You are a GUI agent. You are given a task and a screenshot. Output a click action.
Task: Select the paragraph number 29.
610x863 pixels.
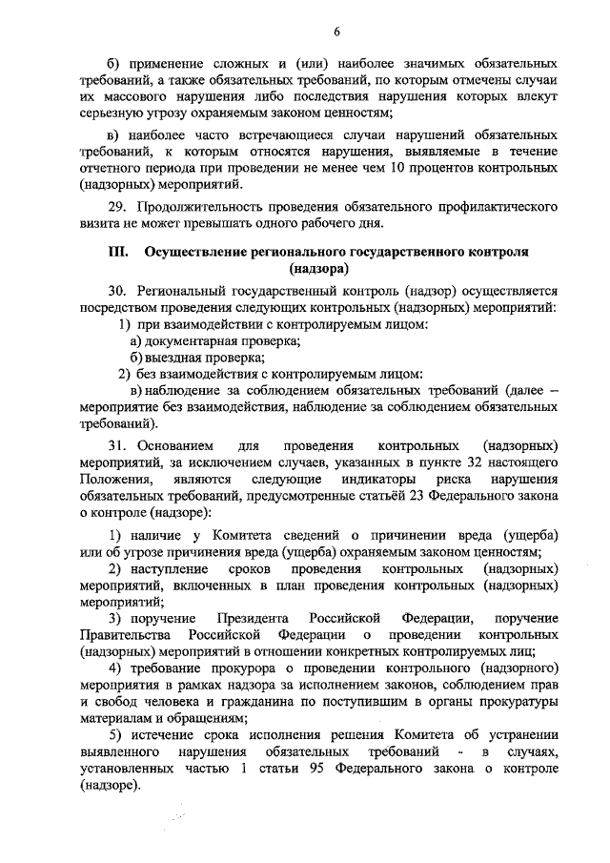click(117, 206)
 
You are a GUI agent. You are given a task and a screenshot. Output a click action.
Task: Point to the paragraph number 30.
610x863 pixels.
click(117, 290)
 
